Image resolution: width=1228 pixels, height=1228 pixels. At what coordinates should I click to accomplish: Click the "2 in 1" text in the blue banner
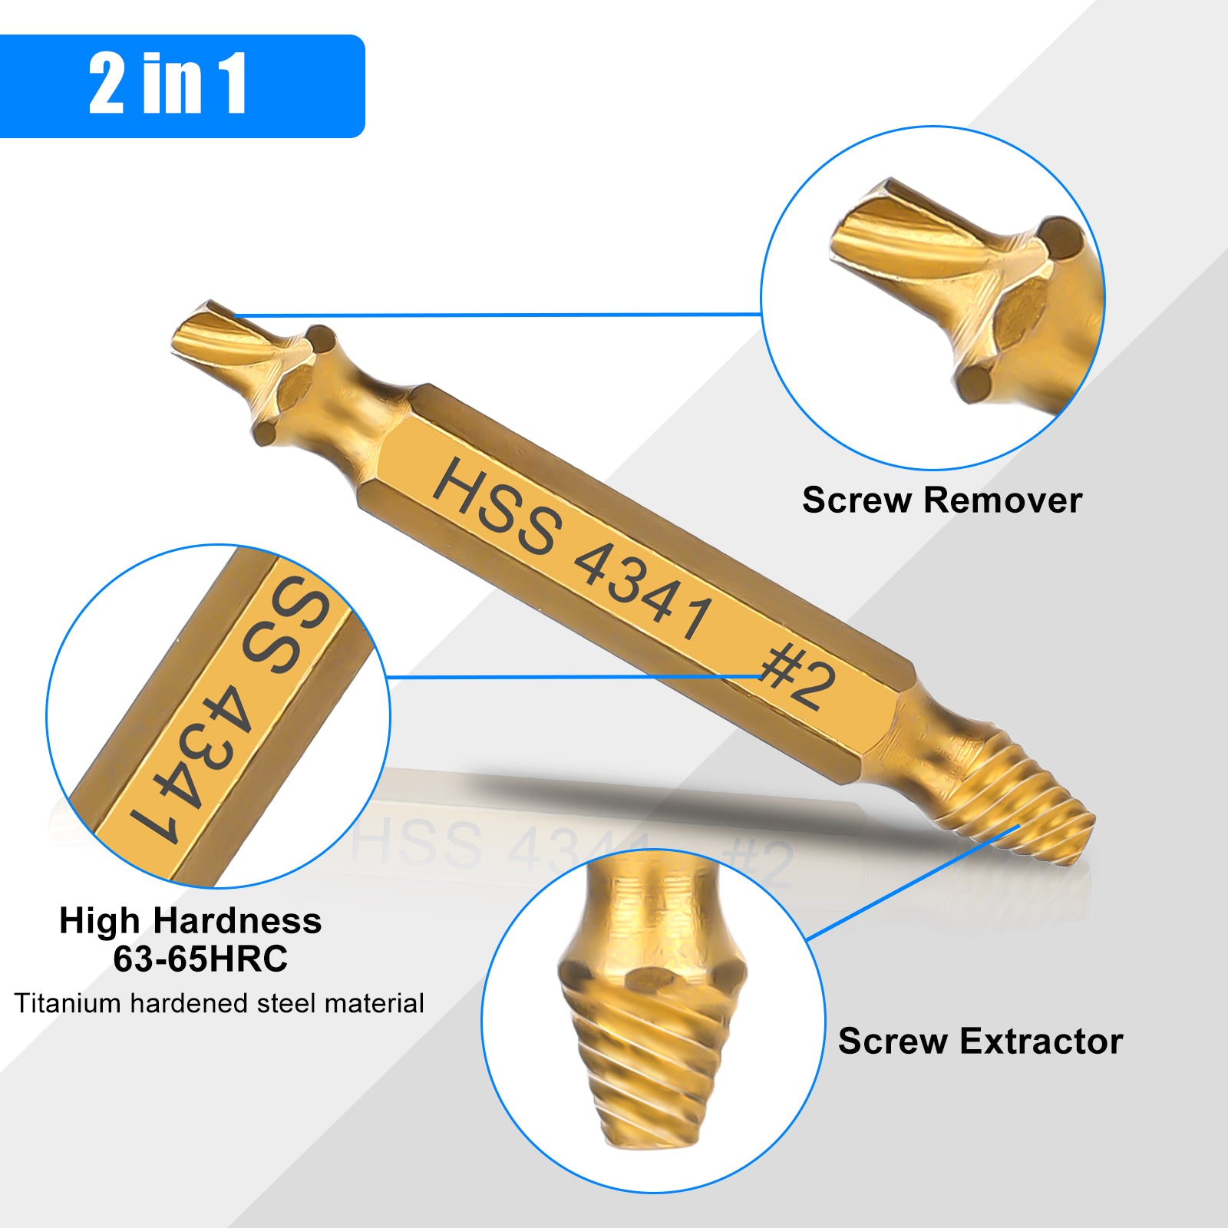coord(167,84)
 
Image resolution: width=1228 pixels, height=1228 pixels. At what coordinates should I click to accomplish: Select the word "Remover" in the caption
coord(1002,500)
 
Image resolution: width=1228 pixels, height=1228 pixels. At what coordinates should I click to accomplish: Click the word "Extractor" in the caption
coord(1041,1041)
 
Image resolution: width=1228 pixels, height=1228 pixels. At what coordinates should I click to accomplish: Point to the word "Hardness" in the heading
coord(237,920)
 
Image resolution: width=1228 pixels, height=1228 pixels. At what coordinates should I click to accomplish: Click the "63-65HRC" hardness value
coord(200,959)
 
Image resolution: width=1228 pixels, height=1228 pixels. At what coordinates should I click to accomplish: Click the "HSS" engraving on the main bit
coord(497,505)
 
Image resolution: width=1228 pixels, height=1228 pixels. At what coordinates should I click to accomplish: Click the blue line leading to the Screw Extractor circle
coord(913,883)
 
